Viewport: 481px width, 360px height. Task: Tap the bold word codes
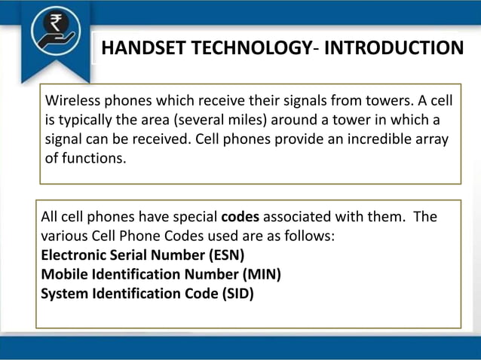[x=240, y=217]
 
